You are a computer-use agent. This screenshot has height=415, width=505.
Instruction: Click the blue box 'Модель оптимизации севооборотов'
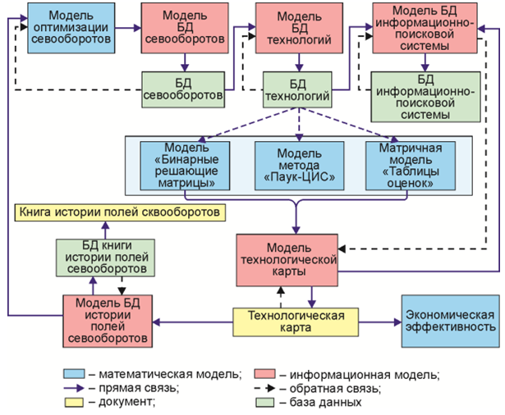coord(71,28)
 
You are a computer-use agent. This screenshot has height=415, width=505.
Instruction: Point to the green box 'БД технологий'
coord(296,89)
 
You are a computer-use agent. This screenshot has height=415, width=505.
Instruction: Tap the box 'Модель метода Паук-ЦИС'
coord(294,166)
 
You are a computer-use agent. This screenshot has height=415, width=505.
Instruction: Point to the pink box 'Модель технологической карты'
coord(288,259)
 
